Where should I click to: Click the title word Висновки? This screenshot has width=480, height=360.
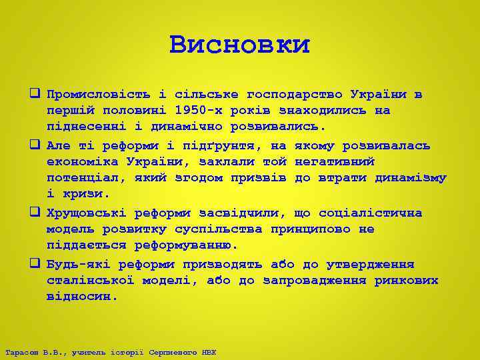click(239, 45)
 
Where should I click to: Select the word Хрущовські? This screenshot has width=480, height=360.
click(86, 213)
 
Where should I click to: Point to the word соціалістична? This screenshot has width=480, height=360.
click(370, 213)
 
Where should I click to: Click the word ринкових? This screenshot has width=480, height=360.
click(406, 281)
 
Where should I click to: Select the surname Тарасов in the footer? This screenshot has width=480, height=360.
click(19, 352)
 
